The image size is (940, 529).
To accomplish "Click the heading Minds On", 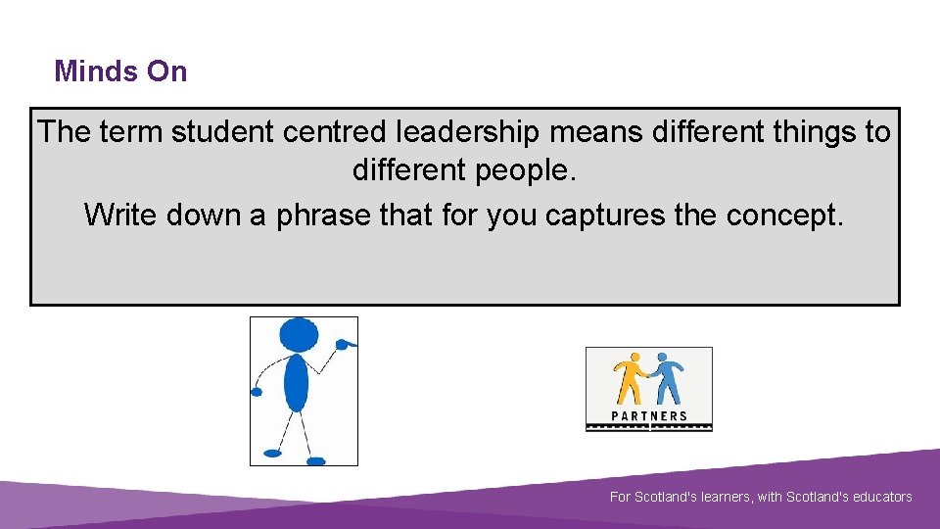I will click(x=120, y=72).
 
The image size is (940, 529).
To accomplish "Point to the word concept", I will click(x=783, y=215).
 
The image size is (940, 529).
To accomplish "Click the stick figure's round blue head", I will click(x=299, y=336).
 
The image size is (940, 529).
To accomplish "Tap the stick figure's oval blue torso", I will click(x=297, y=382).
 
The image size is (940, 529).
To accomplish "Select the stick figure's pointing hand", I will click(x=345, y=344).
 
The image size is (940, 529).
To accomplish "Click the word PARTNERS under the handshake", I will click(x=648, y=416).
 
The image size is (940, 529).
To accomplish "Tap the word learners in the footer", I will click(x=726, y=498).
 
